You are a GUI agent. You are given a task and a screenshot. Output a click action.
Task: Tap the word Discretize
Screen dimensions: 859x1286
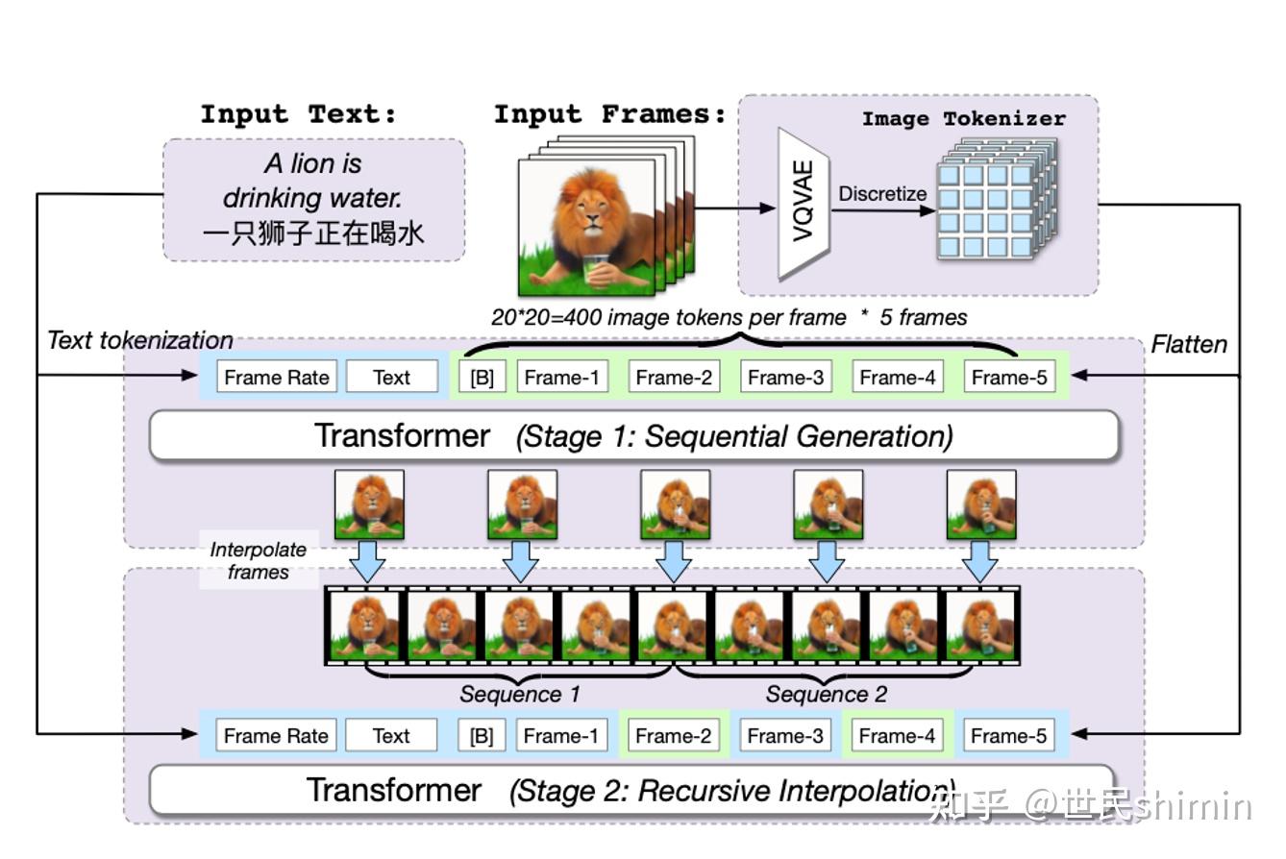click(x=882, y=194)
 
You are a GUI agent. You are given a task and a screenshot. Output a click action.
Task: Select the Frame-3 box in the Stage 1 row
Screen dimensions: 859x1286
click(x=785, y=378)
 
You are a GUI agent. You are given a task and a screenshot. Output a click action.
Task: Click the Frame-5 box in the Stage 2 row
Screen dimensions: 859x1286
click(x=1008, y=736)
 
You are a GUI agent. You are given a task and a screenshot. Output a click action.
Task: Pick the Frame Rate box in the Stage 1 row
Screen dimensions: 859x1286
click(x=277, y=378)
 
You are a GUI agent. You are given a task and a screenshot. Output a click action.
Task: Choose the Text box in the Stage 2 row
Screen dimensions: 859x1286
click(x=391, y=736)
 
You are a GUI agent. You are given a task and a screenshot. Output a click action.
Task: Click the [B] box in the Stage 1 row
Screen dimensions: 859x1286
click(x=482, y=378)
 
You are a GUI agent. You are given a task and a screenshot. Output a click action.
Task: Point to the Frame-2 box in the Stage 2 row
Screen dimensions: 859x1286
click(x=674, y=736)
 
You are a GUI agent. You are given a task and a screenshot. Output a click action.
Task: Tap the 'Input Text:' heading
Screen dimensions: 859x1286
click(x=298, y=115)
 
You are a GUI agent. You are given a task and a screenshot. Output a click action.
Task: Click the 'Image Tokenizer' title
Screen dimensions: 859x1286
click(x=963, y=119)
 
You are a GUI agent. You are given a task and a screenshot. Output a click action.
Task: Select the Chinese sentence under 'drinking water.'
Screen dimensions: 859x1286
click(x=313, y=233)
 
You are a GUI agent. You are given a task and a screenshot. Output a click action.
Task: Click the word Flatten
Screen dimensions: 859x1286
click(x=1189, y=344)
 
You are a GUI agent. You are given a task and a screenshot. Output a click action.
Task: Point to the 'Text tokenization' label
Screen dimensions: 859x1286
click(x=140, y=340)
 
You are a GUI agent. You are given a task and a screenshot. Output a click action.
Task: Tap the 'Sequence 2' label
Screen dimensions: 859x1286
click(x=827, y=694)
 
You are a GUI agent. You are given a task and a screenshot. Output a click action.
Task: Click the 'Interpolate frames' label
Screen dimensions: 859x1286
click(x=258, y=561)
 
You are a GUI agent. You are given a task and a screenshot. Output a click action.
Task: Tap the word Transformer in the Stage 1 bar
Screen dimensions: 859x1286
click(x=402, y=436)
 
